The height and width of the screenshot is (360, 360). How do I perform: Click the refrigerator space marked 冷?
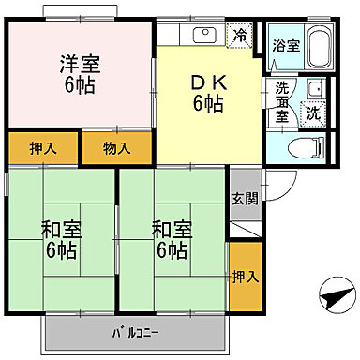(x=241, y=37)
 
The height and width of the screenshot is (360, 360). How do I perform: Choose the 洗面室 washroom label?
(x=283, y=102)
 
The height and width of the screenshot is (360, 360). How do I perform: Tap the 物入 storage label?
(x=115, y=147)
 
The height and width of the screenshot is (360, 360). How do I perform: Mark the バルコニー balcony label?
(x=136, y=332)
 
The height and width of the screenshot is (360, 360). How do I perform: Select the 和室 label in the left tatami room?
(x=58, y=228)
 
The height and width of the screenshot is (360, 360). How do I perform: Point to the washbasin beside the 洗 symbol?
(x=315, y=90)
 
